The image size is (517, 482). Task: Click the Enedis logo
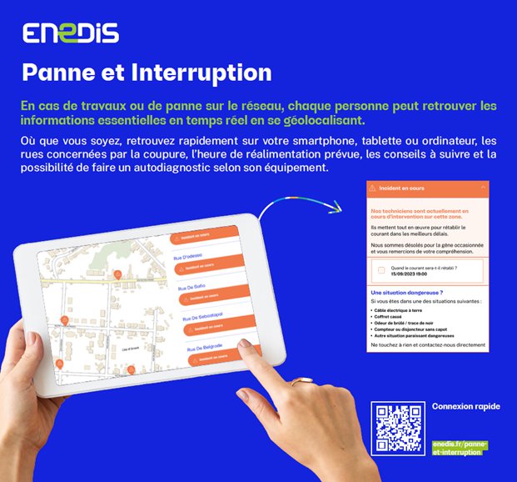tap(71, 33)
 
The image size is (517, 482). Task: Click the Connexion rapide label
tap(466, 406)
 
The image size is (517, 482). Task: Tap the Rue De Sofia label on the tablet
tap(191, 285)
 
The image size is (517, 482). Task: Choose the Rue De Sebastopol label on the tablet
tap(202, 317)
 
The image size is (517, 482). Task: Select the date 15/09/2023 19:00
tap(410, 274)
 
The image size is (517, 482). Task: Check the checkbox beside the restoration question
tap(380, 270)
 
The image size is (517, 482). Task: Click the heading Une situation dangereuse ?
tap(405, 293)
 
